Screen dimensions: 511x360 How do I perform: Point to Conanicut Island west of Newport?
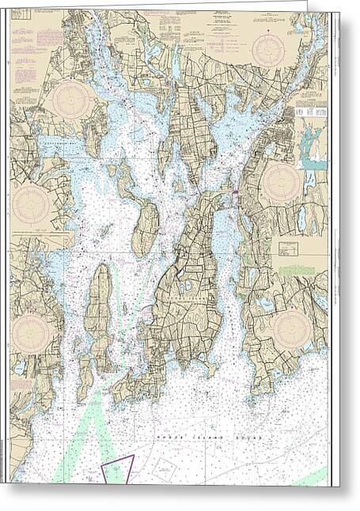[x=99, y=316]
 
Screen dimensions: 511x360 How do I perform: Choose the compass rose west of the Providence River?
[x=73, y=101]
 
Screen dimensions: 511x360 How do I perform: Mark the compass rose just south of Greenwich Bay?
[x=32, y=203]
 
